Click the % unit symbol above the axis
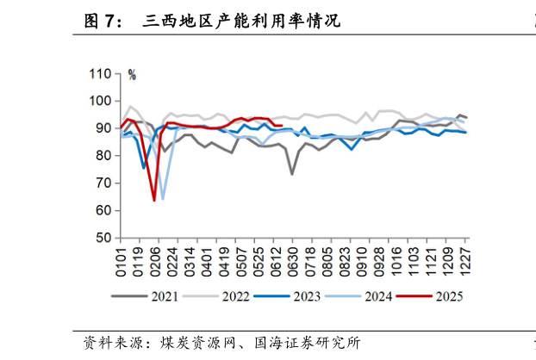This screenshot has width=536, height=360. tap(132, 76)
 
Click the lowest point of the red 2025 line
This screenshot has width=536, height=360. tap(154, 200)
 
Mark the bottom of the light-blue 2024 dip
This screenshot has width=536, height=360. tap(163, 199)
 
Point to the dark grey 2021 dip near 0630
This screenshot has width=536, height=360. tap(292, 174)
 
